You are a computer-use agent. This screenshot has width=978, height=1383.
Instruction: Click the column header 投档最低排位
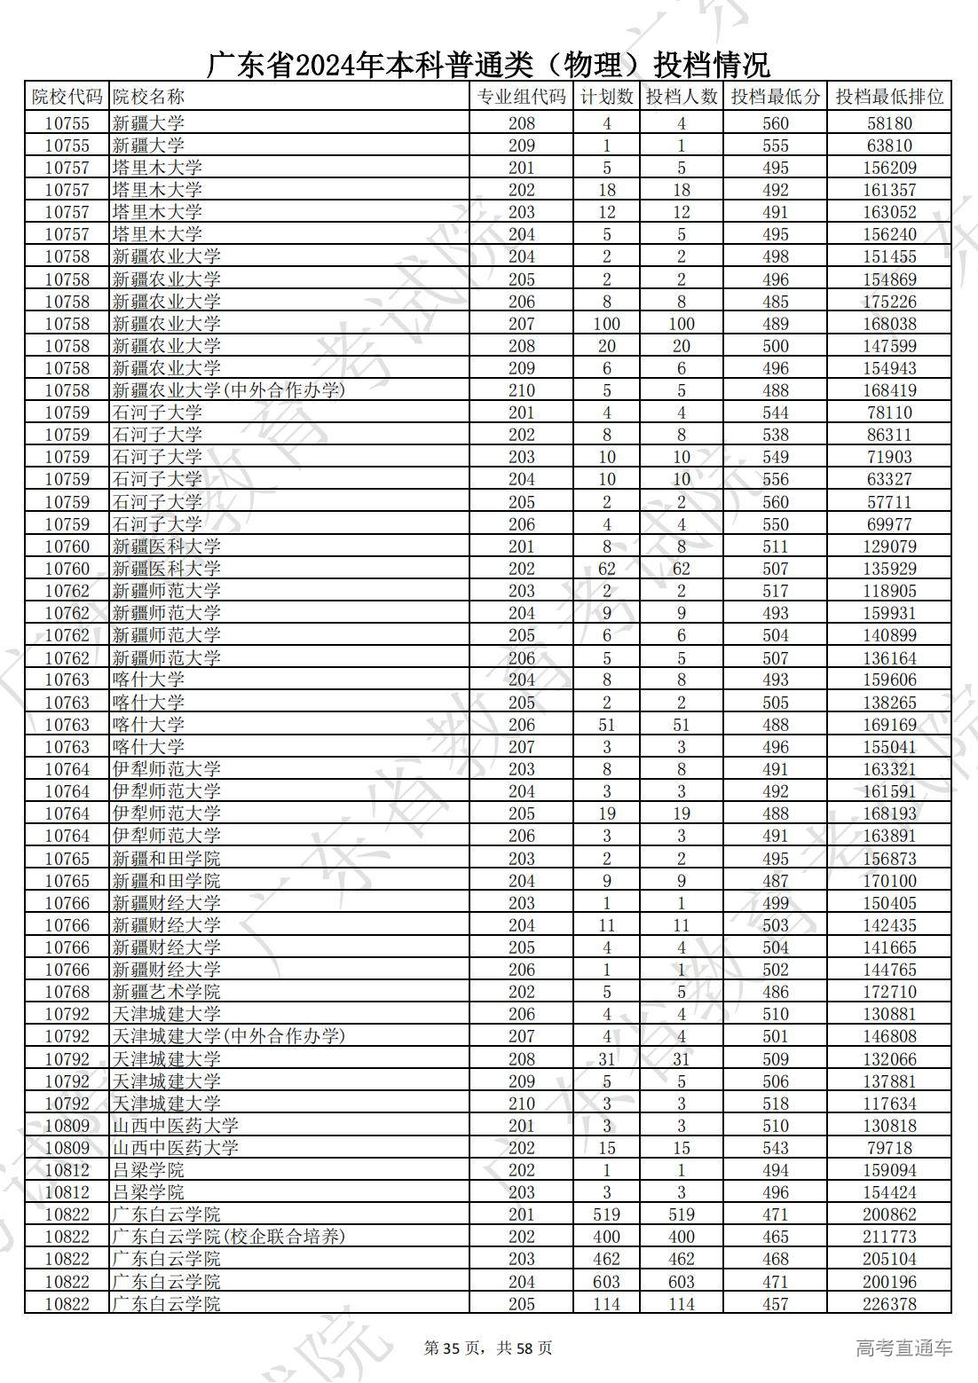889,97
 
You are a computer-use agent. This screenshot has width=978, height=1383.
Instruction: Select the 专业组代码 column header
521,97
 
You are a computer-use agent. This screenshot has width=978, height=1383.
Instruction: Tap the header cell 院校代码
67,97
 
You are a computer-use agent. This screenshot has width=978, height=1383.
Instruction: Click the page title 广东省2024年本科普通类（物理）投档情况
489,65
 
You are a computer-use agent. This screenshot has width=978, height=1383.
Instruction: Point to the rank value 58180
889,123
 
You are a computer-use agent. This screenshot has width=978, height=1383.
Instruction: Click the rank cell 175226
889,302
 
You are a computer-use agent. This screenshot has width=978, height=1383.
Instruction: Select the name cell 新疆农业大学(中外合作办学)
228,390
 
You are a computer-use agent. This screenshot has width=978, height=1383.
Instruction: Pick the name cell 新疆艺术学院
167,992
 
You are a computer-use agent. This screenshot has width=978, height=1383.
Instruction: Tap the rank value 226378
889,1304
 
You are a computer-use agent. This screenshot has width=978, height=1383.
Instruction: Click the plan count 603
607,1282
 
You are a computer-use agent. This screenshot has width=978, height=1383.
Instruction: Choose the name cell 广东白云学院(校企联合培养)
228,1237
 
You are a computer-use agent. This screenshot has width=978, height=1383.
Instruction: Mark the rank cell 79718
889,1148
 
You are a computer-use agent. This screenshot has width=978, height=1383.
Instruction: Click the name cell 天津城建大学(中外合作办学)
228,1036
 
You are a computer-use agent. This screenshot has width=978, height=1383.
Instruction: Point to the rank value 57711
889,502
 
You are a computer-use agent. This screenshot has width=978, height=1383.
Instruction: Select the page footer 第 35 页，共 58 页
488,1348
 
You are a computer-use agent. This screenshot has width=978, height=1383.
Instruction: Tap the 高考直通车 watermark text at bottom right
904,1348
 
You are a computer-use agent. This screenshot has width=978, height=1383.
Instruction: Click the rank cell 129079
889,546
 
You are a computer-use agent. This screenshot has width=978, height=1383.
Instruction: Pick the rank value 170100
889,881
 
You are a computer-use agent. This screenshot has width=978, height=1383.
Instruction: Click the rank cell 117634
889,1104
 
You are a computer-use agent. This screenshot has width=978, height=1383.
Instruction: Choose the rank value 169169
889,725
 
